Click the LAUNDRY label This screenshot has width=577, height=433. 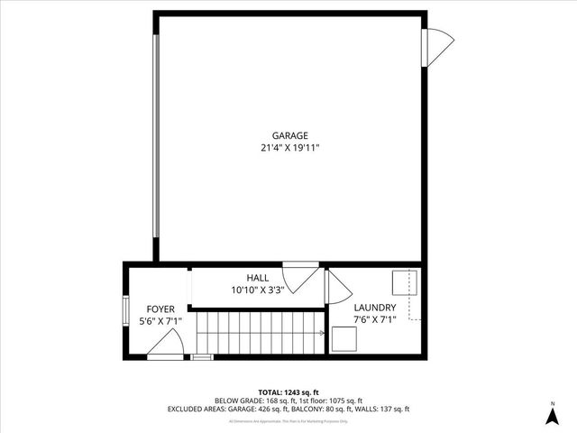[x=375, y=307]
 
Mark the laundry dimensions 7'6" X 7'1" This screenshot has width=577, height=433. [x=375, y=319]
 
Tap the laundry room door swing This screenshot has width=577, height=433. [x=337, y=289]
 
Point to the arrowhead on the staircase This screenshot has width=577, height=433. [x=322, y=333]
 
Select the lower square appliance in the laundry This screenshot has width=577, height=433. [x=343, y=339]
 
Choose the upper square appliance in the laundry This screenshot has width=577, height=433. [x=403, y=282]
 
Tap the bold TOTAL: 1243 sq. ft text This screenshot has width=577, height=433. [x=288, y=392]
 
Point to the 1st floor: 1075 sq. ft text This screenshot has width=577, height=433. [x=329, y=401]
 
